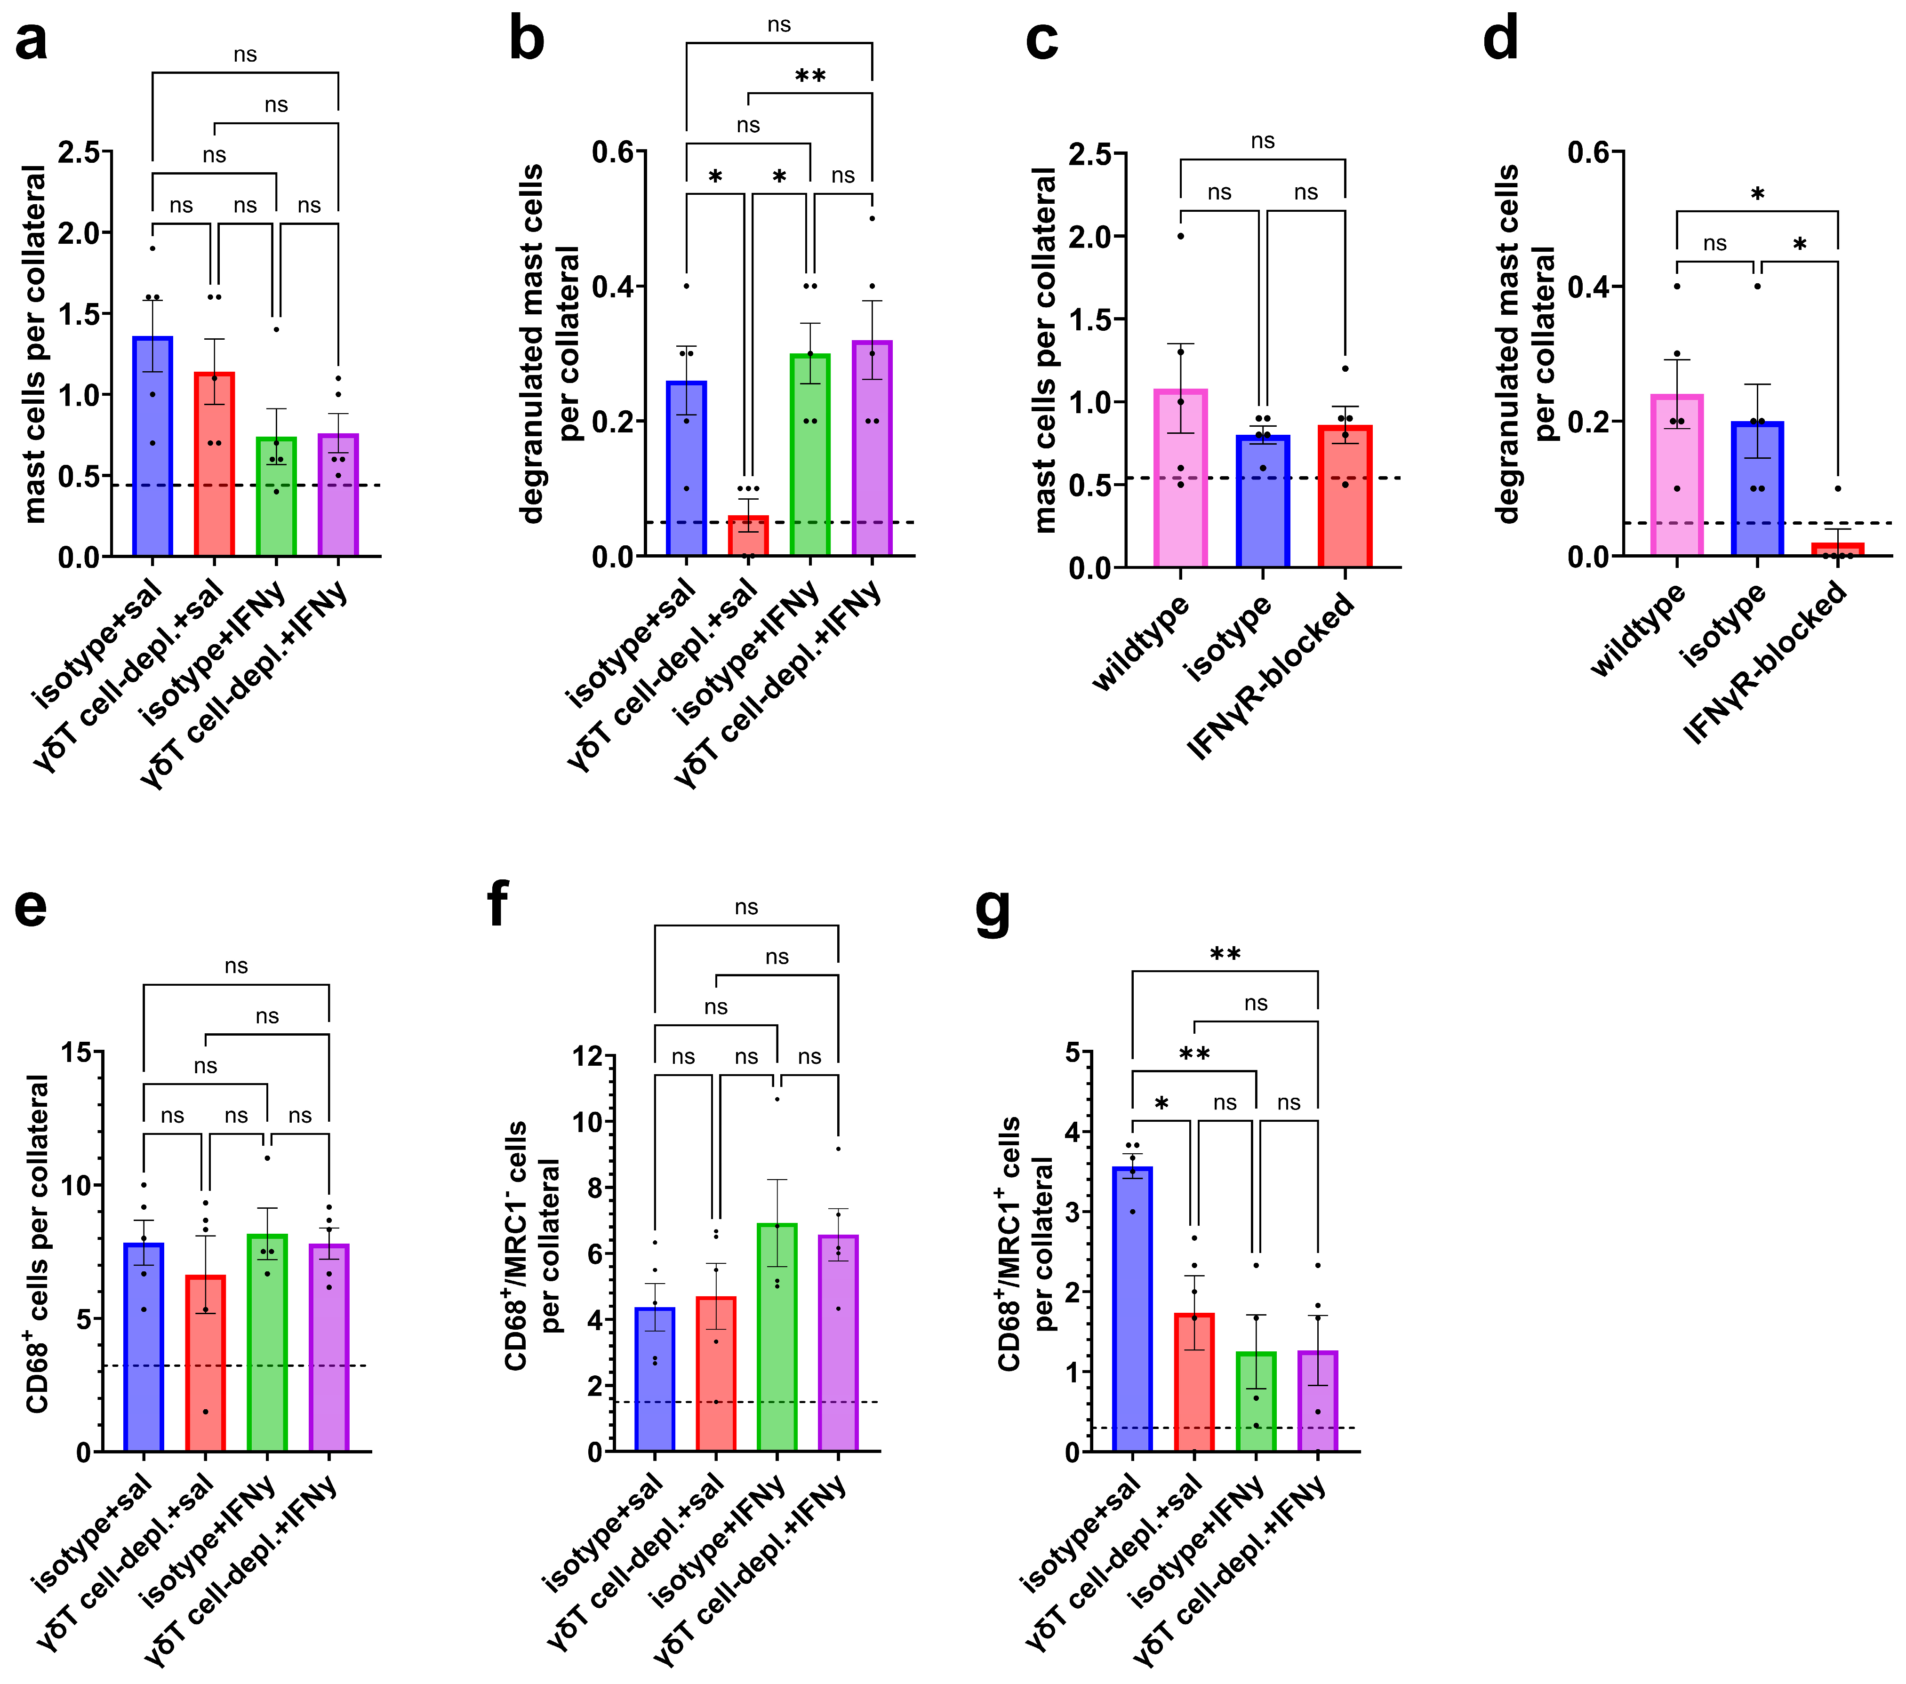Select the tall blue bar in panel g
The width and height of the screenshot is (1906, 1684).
(x=1132, y=1309)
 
